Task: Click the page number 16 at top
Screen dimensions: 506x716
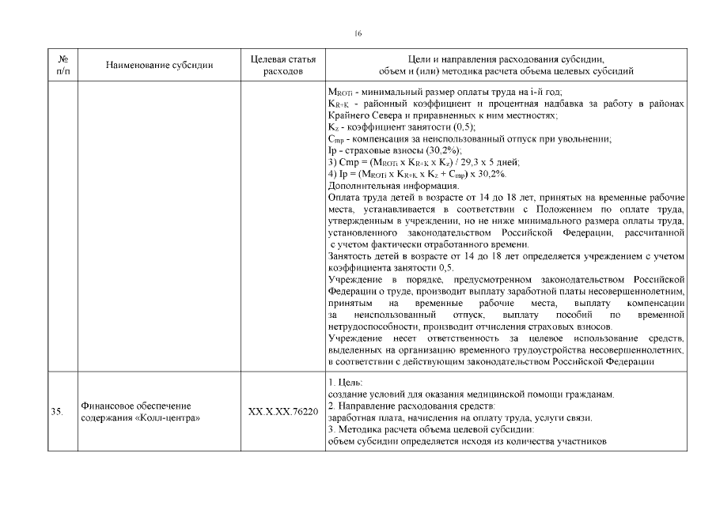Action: pyautogui.click(x=358, y=32)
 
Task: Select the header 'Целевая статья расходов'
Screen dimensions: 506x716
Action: pyautogui.click(x=282, y=65)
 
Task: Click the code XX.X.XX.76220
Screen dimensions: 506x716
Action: pyautogui.click(x=282, y=412)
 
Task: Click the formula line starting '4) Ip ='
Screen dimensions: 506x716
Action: pyautogui.click(x=417, y=173)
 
